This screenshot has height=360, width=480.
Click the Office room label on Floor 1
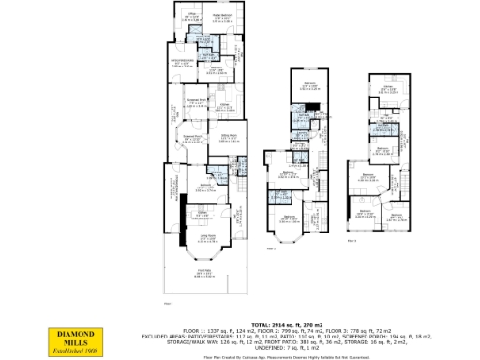pos(191,16)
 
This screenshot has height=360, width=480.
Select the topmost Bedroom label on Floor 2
pos(310,86)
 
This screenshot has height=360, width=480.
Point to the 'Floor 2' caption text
pos(271,248)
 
